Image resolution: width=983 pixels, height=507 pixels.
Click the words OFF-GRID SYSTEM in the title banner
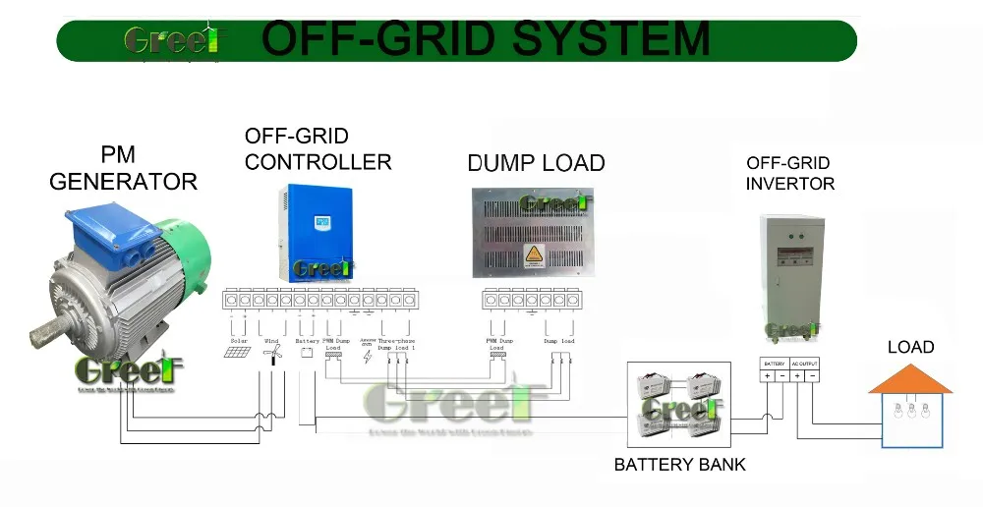click(486, 39)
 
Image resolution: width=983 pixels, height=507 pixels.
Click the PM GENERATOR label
click(123, 168)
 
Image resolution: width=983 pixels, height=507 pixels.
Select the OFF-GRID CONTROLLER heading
click(318, 149)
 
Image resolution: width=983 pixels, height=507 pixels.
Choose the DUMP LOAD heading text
click(536, 163)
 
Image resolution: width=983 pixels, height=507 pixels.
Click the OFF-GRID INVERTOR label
click(789, 173)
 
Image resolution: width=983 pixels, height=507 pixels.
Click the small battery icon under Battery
click(307, 352)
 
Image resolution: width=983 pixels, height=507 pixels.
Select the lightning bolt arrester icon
click(368, 356)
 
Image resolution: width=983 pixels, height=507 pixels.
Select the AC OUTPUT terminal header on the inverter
click(804, 364)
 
